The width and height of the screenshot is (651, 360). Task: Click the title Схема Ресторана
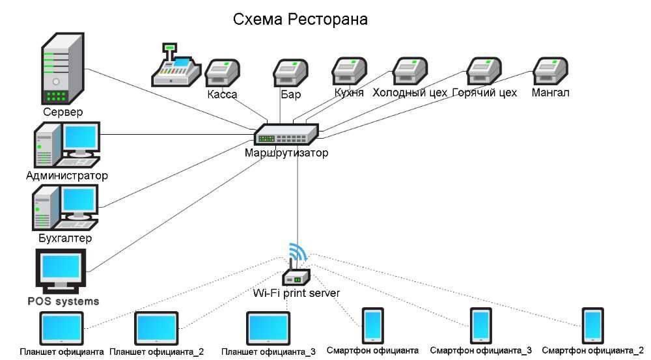(x=300, y=20)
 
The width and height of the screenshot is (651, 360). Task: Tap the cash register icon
(x=175, y=66)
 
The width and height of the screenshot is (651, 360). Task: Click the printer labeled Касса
(x=223, y=73)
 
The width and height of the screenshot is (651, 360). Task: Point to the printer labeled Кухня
(x=349, y=72)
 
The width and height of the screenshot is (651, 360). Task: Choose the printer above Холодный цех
(x=410, y=72)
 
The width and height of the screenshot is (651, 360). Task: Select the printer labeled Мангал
(x=550, y=72)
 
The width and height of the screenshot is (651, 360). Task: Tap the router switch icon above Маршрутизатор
(x=286, y=135)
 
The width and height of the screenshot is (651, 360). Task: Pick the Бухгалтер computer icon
(x=65, y=207)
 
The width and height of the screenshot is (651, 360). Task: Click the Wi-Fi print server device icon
(x=296, y=277)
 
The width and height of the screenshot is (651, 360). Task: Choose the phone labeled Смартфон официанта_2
(x=592, y=325)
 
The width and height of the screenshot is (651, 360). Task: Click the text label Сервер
(x=63, y=113)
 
